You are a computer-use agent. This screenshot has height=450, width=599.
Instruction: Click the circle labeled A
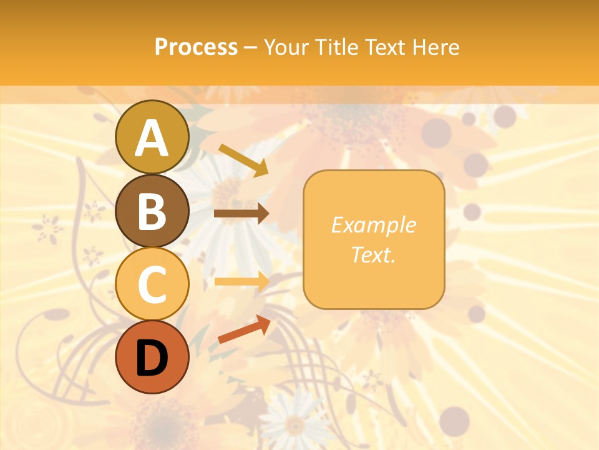tap(152, 137)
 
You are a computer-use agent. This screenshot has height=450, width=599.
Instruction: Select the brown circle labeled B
tap(152, 211)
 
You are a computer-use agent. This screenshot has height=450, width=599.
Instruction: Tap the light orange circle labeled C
tap(152, 284)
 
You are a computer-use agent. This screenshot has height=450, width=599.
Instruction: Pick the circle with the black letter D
tap(152, 357)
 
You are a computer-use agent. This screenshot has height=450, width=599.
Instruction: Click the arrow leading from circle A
tap(243, 159)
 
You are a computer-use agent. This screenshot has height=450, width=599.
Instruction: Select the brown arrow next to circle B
tap(241, 214)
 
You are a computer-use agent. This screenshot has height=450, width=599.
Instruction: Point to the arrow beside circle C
tap(241, 281)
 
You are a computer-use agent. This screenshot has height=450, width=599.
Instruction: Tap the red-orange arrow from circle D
tap(244, 329)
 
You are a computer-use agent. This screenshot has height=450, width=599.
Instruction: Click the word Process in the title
tap(196, 47)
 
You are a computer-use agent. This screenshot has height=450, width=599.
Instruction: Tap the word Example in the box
tap(373, 225)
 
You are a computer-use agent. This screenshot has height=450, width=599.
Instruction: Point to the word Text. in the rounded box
tap(373, 254)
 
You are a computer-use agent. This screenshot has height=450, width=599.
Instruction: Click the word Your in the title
tap(286, 47)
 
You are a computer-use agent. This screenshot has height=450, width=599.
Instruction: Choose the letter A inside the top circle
tap(152, 138)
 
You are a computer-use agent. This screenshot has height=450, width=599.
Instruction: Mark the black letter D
tap(152, 357)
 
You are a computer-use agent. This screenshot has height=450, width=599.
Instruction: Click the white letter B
tap(152, 211)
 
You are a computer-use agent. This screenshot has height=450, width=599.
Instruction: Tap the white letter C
tap(152, 285)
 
